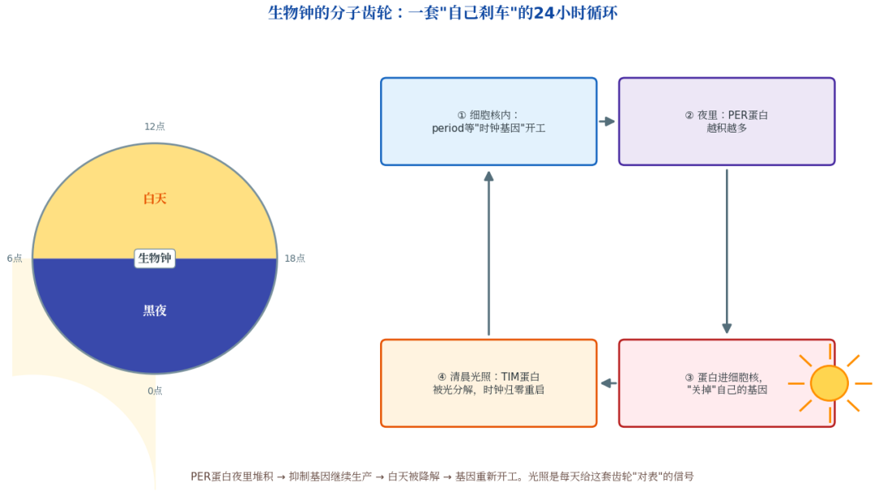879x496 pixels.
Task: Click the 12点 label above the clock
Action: pos(155,127)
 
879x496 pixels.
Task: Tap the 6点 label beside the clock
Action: pos(15,258)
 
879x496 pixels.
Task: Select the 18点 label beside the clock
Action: pos(295,258)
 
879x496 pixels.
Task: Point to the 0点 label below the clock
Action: pos(155,391)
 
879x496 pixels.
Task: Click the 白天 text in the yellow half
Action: pos(155,198)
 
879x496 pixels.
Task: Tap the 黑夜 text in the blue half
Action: pos(155,311)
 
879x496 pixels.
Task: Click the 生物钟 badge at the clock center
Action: pos(155,258)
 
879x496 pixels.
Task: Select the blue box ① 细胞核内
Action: pos(489,121)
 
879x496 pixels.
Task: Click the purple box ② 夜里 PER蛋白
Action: pos(727,121)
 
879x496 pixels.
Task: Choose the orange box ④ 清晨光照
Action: pos(489,383)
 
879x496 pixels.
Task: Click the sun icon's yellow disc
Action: pos(829,384)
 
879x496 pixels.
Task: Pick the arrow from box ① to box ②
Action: pos(607,121)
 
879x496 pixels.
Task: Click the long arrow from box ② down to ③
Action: pos(727,251)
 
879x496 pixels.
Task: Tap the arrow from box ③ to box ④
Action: pos(609,384)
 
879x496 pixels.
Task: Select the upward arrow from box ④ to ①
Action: pos(489,253)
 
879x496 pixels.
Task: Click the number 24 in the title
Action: pos(543,13)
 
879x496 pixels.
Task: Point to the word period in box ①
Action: pos(448,128)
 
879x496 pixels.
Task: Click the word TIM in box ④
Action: pos(510,376)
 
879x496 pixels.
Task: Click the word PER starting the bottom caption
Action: pos(201,476)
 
